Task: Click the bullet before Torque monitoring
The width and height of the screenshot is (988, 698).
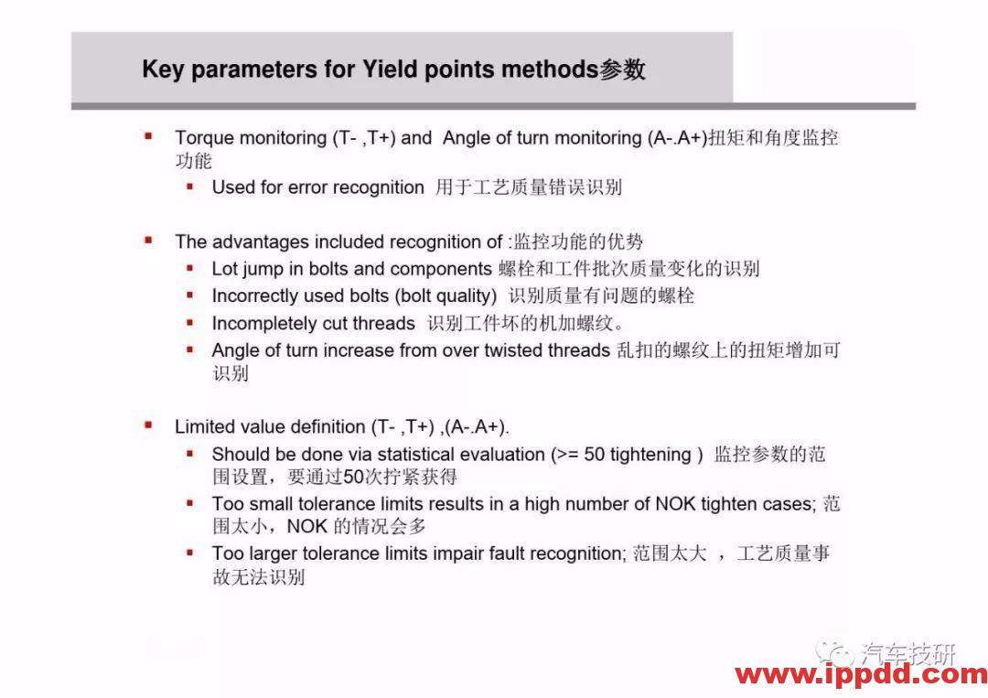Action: point(149,136)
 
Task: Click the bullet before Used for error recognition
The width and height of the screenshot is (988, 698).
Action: point(190,187)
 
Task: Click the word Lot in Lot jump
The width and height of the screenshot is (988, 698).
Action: point(224,269)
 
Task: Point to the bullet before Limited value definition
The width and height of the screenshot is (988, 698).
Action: point(149,425)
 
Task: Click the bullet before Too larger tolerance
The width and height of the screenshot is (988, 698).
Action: point(190,553)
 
